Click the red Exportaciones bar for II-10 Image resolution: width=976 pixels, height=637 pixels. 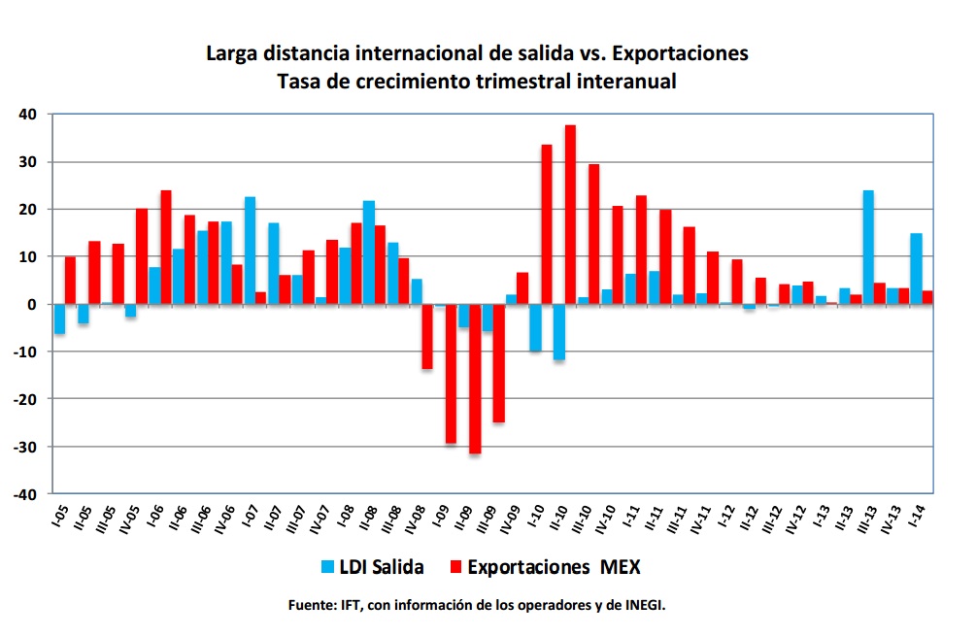point(570,215)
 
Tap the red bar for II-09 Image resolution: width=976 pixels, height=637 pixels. point(475,379)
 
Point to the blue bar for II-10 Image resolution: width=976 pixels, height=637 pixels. point(558,332)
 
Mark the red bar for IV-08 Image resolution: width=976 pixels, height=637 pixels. point(427,336)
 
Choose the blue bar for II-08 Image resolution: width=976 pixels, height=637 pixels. point(369,252)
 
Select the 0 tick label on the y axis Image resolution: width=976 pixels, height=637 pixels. point(31,305)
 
